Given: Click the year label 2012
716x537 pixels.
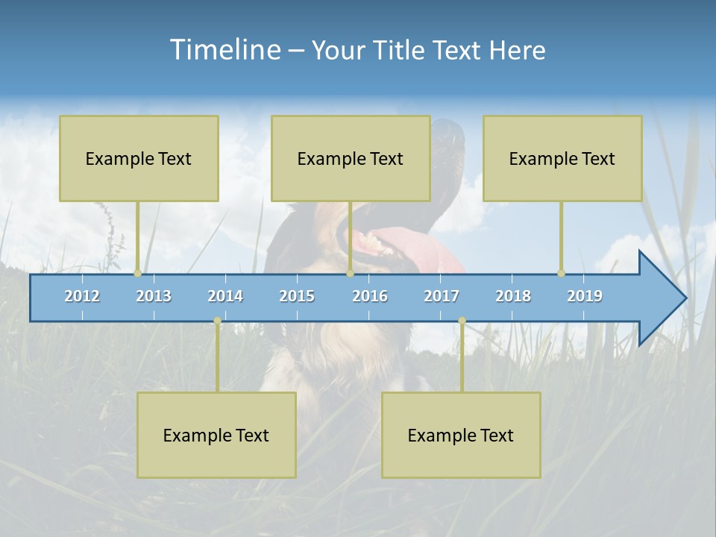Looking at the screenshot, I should pos(82,296).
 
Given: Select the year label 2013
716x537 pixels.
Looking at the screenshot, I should pos(154,296).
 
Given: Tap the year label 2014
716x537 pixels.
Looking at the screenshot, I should pos(225,296).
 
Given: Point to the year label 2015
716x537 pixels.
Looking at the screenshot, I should pos(297,296).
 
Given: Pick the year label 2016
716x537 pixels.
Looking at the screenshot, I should pos(370,296).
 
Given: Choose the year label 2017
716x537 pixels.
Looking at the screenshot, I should pos(442,296).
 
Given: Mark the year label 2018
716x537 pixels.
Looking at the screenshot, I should pos(513,296).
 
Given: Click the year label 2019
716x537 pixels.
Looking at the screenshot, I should pos(585,296).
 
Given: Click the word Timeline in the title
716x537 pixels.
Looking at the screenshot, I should pos(224,50).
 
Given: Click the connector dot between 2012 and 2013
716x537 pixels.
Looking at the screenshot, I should pos(137,274).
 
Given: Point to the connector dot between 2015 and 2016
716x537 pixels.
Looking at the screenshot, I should pos(350,274).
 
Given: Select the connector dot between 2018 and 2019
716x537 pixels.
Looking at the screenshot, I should pos(561,274).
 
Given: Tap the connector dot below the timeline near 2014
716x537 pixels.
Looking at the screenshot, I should pos(217,321).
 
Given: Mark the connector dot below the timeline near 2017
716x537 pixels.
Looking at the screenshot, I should pos(462,321).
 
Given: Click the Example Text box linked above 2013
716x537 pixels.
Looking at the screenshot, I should pos(139,158).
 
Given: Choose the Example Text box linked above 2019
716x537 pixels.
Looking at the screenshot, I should pos(562,158).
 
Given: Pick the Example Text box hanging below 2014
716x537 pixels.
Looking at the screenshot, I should pos(216,435).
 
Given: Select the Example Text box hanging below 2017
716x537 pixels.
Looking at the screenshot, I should pos(461,435).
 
